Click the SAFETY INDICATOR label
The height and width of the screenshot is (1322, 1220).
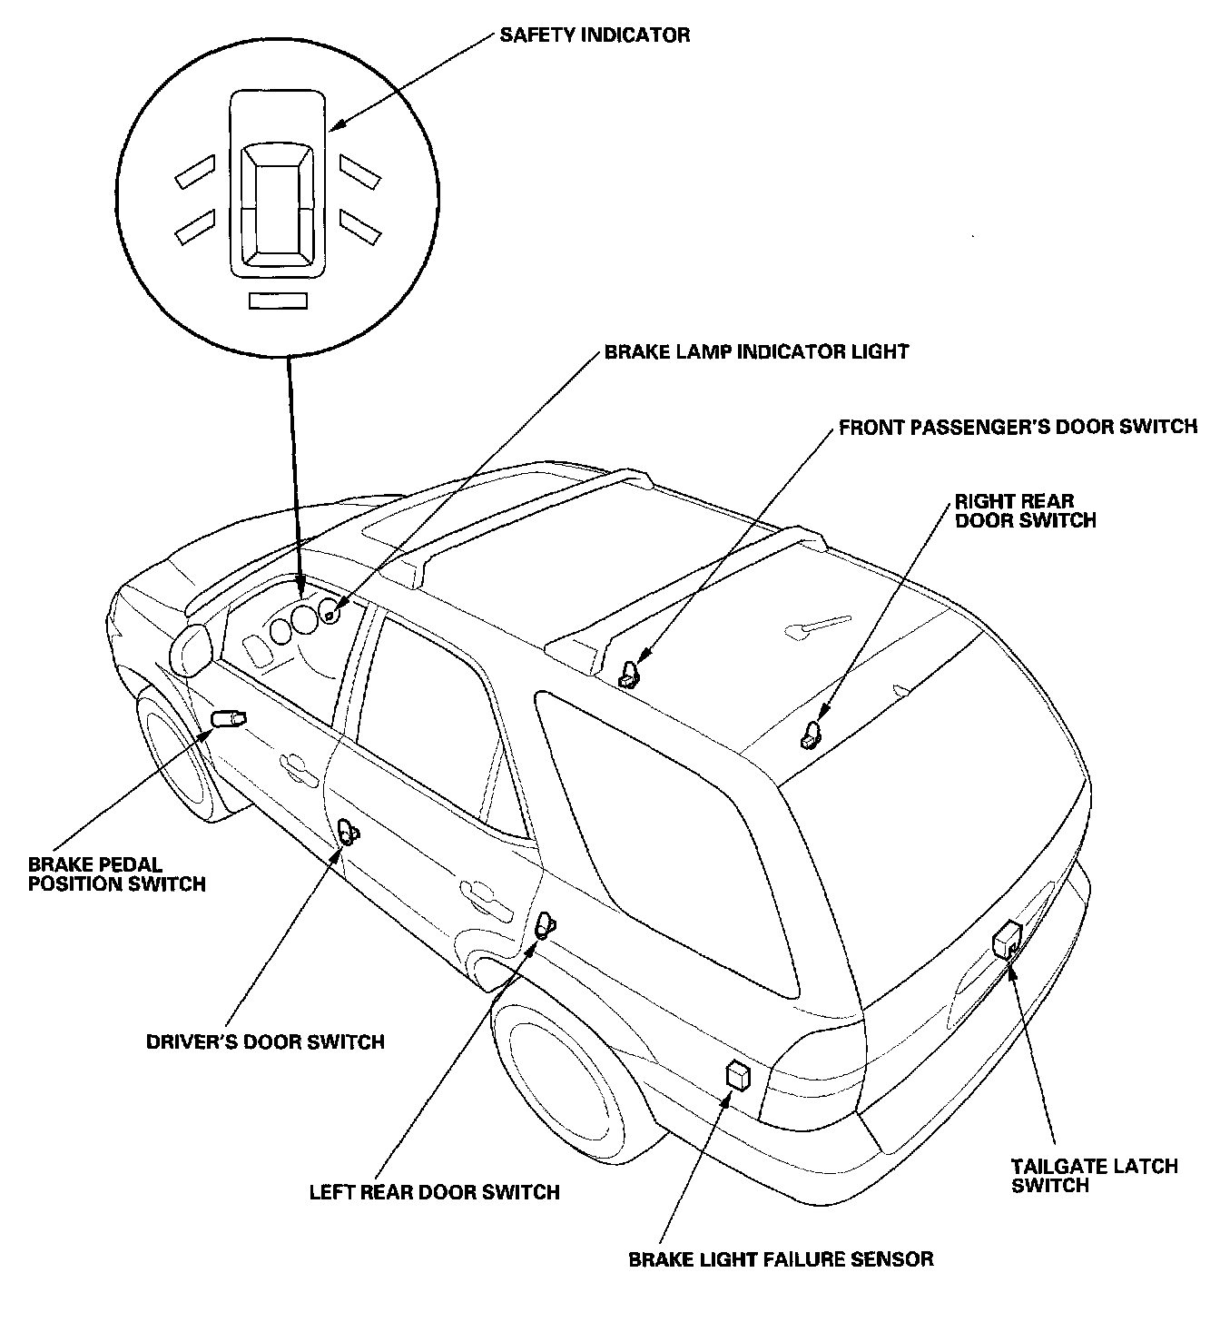[x=595, y=35]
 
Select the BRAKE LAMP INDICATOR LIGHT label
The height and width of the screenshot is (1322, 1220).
[x=756, y=351]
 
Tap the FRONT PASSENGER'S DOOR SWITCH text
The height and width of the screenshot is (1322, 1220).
[x=1018, y=427]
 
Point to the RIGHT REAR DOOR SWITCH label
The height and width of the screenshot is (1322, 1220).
[x=1025, y=511]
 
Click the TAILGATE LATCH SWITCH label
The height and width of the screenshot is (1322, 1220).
[x=1095, y=1176]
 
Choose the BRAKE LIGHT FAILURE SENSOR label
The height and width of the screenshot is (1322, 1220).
[x=781, y=1259]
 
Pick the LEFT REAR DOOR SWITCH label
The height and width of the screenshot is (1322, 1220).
[x=435, y=1191]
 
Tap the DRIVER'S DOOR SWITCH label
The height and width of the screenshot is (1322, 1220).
[x=265, y=1041]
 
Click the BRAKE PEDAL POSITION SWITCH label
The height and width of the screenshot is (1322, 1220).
[x=117, y=874]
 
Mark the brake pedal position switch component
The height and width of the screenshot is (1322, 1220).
[x=228, y=719]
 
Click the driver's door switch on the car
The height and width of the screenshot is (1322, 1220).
[x=346, y=830]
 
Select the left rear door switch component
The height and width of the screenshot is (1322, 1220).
[x=543, y=925]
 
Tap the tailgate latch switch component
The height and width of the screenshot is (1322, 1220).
[x=1008, y=939]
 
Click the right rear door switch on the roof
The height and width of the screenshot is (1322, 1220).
[x=810, y=734]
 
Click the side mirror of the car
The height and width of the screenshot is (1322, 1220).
[x=191, y=648]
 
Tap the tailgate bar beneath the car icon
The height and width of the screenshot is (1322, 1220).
[x=278, y=301]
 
